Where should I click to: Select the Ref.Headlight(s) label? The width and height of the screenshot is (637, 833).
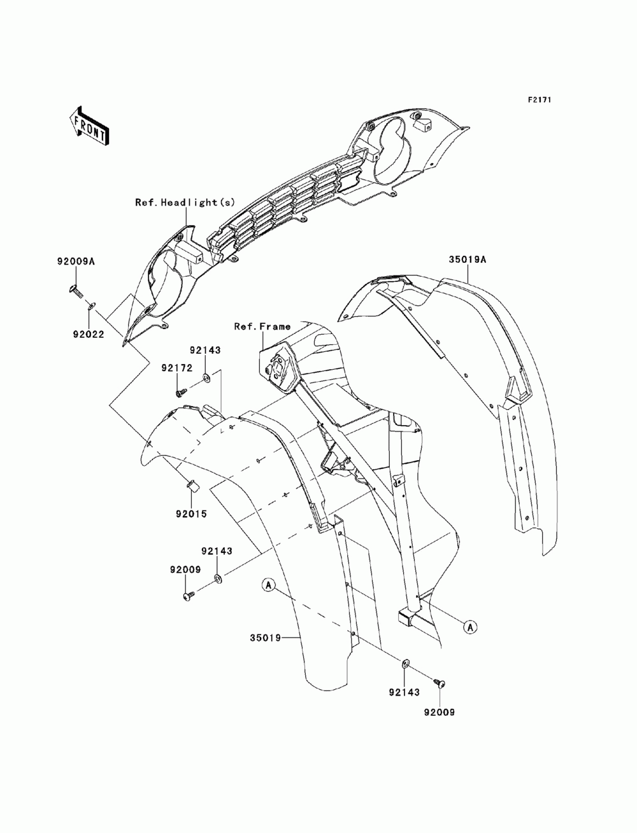pyautogui.click(x=185, y=202)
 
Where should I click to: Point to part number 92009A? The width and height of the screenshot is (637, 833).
pyautogui.click(x=75, y=260)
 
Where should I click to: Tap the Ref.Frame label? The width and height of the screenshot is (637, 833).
pyautogui.click(x=262, y=326)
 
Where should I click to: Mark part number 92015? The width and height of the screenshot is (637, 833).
pyautogui.click(x=192, y=514)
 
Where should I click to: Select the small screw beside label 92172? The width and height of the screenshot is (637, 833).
pyautogui.click(x=181, y=393)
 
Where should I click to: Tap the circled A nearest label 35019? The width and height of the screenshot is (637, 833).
pyautogui.click(x=269, y=584)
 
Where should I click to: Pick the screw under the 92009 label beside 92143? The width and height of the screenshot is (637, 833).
pyautogui.click(x=189, y=597)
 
